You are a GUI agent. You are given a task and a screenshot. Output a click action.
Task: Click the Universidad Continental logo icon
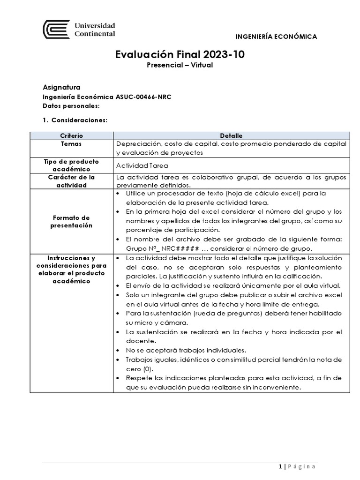click(x=56, y=30)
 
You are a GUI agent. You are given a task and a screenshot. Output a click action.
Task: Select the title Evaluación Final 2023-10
click(x=180, y=55)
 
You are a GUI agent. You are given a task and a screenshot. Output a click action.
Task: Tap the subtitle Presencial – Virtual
click(x=180, y=65)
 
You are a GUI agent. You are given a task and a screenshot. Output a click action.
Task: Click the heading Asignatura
click(x=61, y=87)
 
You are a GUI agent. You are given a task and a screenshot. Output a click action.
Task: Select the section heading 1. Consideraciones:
click(x=75, y=120)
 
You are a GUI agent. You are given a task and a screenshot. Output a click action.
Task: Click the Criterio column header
click(x=72, y=135)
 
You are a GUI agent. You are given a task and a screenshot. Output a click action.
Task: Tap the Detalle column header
click(x=230, y=135)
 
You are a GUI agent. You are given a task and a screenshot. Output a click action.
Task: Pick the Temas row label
click(x=71, y=144)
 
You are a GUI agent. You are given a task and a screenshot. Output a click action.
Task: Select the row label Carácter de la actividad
click(x=72, y=181)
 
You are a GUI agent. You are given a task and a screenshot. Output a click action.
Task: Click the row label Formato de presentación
click(x=72, y=222)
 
